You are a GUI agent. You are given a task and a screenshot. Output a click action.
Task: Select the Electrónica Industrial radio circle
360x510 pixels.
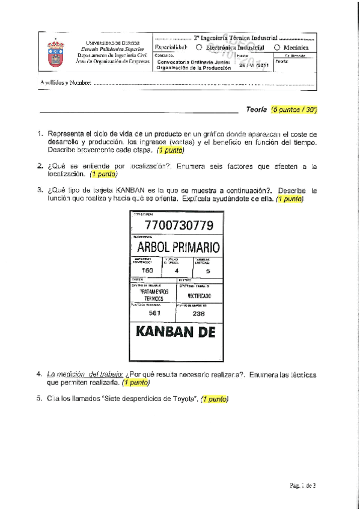[x=198, y=47]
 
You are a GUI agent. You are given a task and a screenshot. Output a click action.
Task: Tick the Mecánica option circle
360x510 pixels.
[x=276, y=47]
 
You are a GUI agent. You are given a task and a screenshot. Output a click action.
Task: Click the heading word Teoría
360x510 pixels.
[x=256, y=111]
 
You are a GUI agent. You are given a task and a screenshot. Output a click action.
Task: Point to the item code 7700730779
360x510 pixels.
[x=178, y=226]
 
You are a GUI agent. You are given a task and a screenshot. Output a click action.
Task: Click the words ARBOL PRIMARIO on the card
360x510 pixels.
[x=178, y=247]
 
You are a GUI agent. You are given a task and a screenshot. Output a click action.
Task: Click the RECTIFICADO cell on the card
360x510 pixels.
[x=199, y=296]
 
